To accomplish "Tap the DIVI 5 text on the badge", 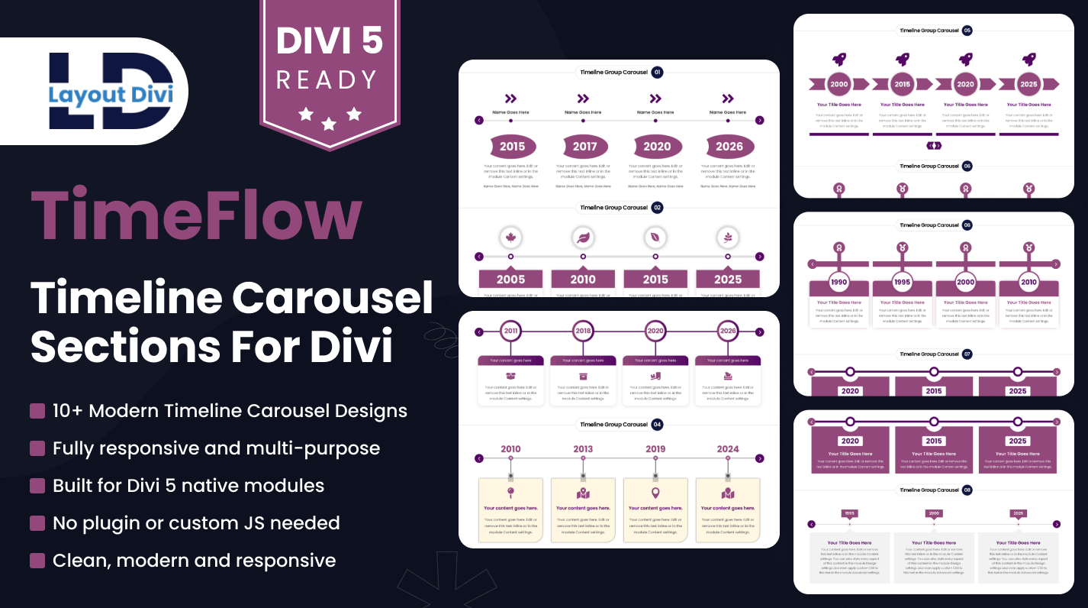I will click(x=330, y=40).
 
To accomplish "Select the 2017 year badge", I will click(x=585, y=147).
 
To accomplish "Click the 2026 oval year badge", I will click(x=729, y=147).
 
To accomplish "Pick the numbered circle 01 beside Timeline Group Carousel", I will click(x=657, y=73).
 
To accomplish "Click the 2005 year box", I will click(x=510, y=279).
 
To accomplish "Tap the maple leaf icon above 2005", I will click(x=510, y=238).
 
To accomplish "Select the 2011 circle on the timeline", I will click(x=510, y=331).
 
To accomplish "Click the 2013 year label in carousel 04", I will click(x=583, y=449).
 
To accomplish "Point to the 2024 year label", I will click(x=728, y=449).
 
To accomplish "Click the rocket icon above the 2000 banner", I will click(x=839, y=60).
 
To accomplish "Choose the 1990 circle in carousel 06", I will click(x=839, y=282).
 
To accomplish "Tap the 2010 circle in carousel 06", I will click(x=1028, y=282).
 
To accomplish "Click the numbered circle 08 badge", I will click(x=967, y=490).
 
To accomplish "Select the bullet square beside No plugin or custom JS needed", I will click(x=37, y=523).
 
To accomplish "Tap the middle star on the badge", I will click(x=329, y=124).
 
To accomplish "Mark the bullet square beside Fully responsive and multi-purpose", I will click(x=37, y=448).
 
